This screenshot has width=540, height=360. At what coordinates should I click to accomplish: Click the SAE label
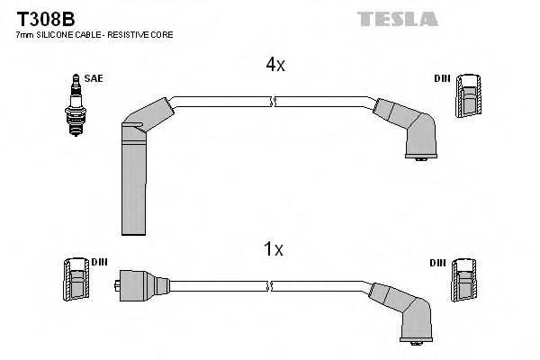click(94, 79)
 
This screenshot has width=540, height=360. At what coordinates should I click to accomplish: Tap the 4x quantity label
click(274, 65)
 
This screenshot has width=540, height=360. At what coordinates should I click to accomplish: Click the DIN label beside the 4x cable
click(442, 79)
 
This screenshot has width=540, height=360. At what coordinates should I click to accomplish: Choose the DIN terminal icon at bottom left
click(75, 282)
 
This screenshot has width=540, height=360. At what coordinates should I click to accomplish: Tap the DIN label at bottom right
click(437, 263)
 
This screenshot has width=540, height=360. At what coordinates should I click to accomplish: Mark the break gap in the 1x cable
click(271, 284)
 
